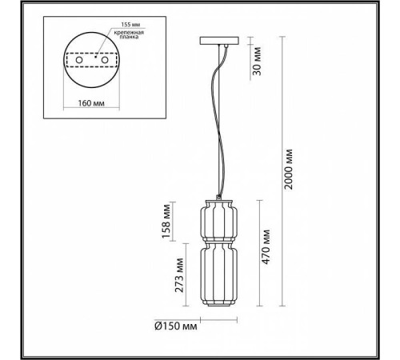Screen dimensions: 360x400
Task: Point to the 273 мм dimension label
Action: pyautogui.click(x=166, y=276)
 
